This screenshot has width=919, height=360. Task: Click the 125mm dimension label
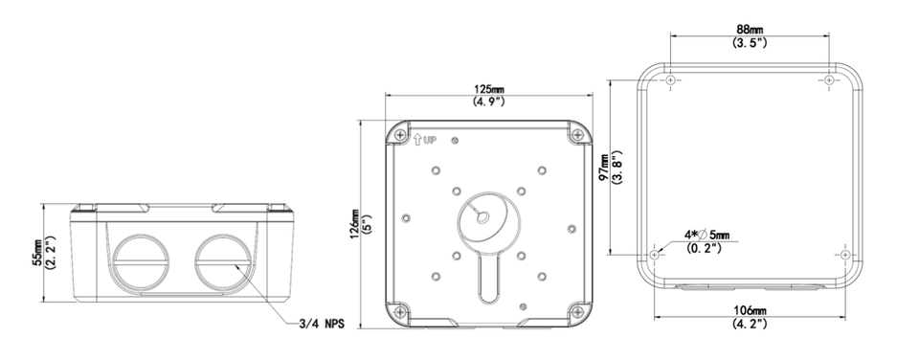pos(489,88)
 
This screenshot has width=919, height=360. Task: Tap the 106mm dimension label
pos(750,311)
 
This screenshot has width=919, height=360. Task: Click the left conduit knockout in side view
pos(142,259)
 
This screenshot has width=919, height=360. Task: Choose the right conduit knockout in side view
pos(223,259)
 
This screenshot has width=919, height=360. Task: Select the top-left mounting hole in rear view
pos(671,80)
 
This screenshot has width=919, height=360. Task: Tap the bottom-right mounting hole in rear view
pos(843,255)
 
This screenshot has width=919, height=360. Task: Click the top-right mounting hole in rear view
pos(828,80)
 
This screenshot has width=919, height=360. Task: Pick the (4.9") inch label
pos(489,101)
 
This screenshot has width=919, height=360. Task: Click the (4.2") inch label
pos(750,324)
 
